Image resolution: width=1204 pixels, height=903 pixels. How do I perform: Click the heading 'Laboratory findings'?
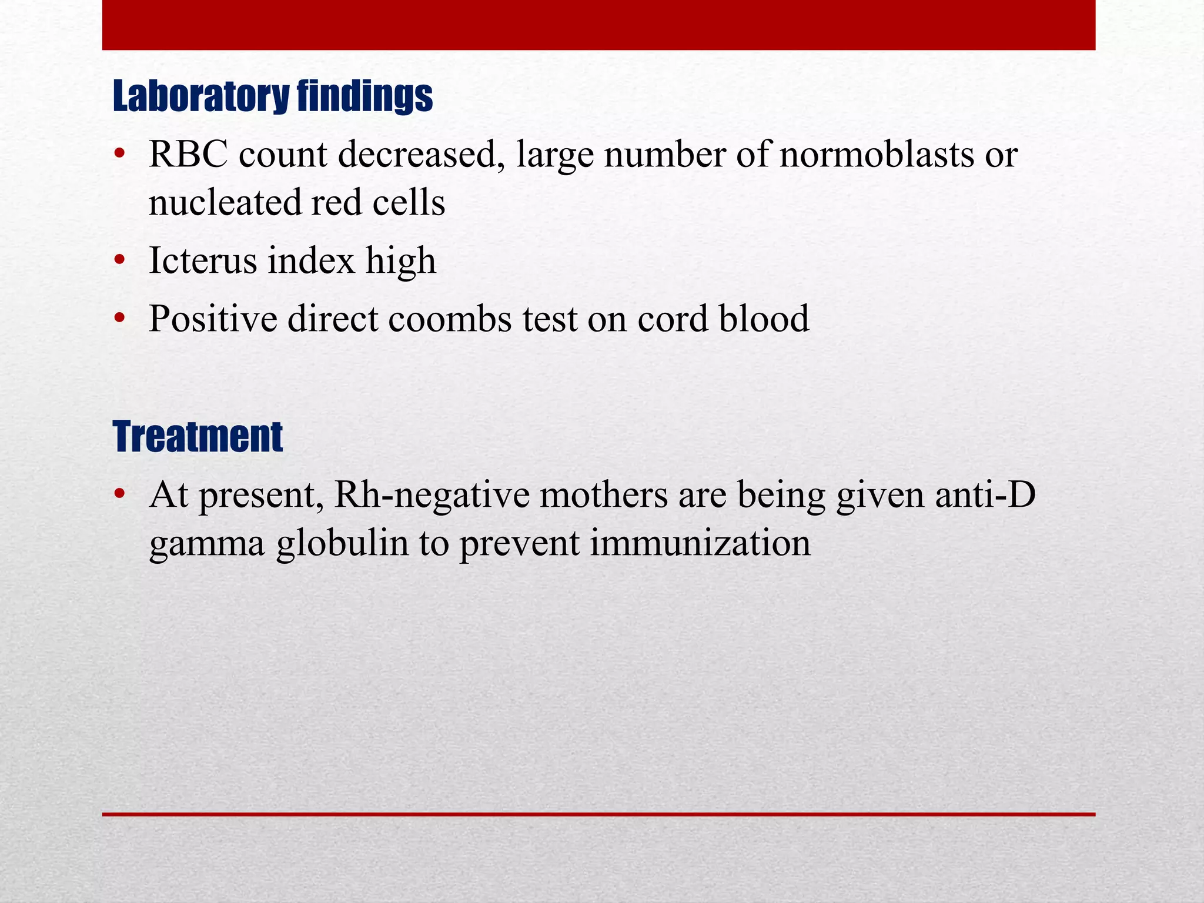pos(272,96)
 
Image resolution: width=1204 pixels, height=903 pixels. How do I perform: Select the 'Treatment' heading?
pos(198,437)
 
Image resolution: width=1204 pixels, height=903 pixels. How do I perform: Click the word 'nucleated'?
pos(225,203)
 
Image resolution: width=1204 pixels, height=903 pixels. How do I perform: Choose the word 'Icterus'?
pos(203,260)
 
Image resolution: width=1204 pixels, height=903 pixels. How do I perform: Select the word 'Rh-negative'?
pos(432,496)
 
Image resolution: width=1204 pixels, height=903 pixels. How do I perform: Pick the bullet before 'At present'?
pos(120,494)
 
